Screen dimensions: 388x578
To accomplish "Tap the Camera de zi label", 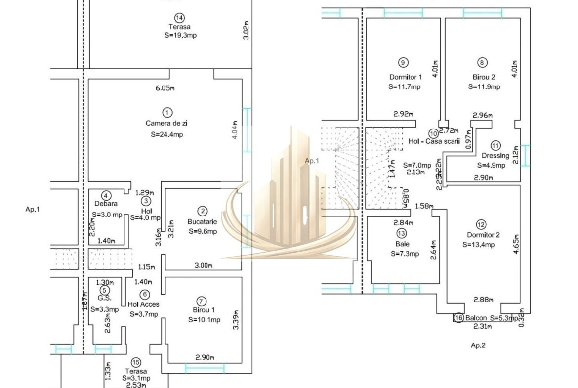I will coord(165,123).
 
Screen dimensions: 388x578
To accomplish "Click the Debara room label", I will coord(106,203).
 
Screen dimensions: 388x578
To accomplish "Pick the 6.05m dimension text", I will coord(165,88).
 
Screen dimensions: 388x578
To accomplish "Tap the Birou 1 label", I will coord(201,310).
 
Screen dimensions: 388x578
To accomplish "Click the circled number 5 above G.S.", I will coord(104,290).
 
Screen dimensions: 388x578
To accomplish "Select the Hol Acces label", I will coord(143,304).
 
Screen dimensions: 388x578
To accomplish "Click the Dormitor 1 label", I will coord(406,77).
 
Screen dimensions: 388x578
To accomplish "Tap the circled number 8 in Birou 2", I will coord(483,62).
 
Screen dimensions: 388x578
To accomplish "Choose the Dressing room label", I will coord(495,156).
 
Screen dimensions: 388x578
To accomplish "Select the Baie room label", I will coord(402,244).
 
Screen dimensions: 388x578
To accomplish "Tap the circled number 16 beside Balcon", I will coord(458,318).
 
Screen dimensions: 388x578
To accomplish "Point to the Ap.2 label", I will coord(478,345).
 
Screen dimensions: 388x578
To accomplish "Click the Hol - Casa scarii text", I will coord(434,141).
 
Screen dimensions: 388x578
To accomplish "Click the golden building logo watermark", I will coord(289,198).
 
